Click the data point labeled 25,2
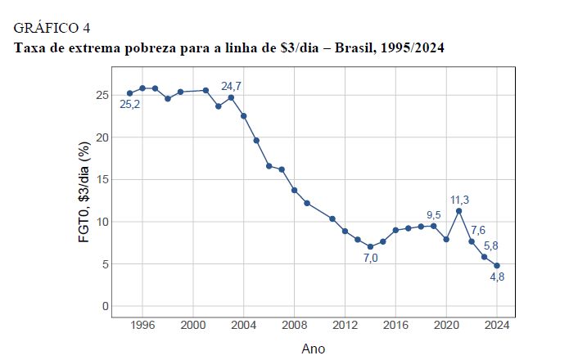pyautogui.click(x=129, y=93)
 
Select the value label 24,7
pyautogui.click(x=233, y=85)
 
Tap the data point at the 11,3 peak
pyautogui.click(x=459, y=211)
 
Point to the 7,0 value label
pyautogui.click(x=370, y=258)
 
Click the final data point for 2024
pyautogui.click(x=497, y=266)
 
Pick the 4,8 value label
pyautogui.click(x=498, y=277)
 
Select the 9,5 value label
pyautogui.click(x=433, y=215)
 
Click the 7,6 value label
pyautogui.click(x=479, y=230)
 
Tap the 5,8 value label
pyautogui.click(x=490, y=245)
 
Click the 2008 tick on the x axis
pyautogui.click(x=294, y=323)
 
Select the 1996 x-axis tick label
pyautogui.click(x=142, y=323)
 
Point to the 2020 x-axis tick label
pyautogui.click(x=446, y=323)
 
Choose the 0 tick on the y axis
pyautogui.click(x=105, y=306)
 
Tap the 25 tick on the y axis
pyautogui.click(x=102, y=95)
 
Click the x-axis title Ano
pyautogui.click(x=313, y=349)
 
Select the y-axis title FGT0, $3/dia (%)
pyautogui.click(x=84, y=193)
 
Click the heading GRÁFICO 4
pyautogui.click(x=52, y=29)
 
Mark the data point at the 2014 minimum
pyautogui.click(x=370, y=246)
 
